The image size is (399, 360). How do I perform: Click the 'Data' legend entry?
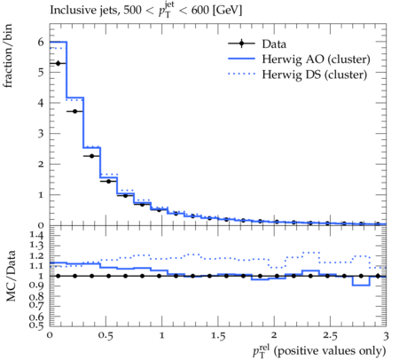pyautogui.click(x=274, y=44)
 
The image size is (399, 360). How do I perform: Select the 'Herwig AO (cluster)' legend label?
pyautogui.click(x=316, y=59)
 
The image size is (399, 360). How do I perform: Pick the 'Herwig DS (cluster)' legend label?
pyautogui.click(x=315, y=74)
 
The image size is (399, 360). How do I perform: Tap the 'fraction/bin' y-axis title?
pyautogui.click(x=8, y=56)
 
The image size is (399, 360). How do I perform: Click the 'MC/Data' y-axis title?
pyautogui.click(x=11, y=276)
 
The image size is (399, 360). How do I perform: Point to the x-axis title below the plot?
pyautogui.click(x=319, y=351)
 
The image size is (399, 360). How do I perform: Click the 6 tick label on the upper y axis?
pyautogui.click(x=41, y=42)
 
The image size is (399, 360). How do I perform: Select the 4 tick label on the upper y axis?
pyautogui.click(x=41, y=103)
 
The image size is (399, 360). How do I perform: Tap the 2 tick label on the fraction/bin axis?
pyautogui.click(x=41, y=164)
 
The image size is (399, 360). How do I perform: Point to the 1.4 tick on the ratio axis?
pyautogui.click(x=36, y=235)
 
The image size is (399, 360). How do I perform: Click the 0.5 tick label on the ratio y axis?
pyautogui.click(x=36, y=325)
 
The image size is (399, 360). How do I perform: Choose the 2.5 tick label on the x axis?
pyautogui.click(x=330, y=336)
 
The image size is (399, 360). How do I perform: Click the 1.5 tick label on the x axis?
pyautogui.click(x=218, y=336)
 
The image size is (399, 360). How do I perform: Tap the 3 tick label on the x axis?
pyautogui.click(x=386, y=336)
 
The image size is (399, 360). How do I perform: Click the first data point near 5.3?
pyautogui.click(x=58, y=63)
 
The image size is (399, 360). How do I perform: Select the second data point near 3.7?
pyautogui.click(x=74, y=111)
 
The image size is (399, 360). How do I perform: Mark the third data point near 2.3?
pyautogui.click(x=91, y=156)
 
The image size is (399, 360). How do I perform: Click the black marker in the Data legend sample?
pyautogui.click(x=241, y=43)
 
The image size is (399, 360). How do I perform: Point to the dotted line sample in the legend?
pyautogui.click(x=241, y=74)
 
